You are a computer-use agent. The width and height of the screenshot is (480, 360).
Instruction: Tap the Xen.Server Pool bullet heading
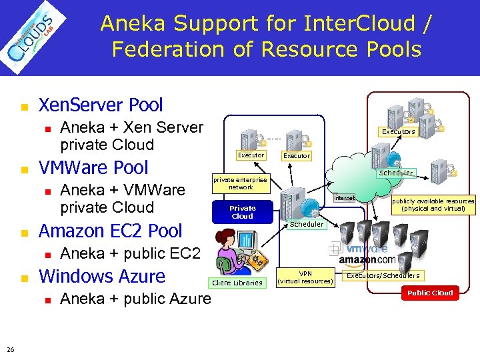(101, 105)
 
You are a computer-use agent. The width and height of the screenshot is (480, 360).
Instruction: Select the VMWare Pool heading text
(93, 167)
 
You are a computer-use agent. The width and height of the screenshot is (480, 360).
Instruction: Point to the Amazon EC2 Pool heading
(110, 231)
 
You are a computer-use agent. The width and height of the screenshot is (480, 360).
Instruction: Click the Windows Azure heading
(102, 275)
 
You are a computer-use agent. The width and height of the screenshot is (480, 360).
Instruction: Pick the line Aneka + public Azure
(135, 299)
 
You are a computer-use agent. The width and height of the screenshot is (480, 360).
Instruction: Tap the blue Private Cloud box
(242, 212)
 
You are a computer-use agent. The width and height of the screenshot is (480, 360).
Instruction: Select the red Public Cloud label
(430, 293)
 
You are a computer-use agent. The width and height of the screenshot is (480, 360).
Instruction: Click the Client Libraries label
(237, 283)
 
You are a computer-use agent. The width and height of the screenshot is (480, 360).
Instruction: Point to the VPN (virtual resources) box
(305, 277)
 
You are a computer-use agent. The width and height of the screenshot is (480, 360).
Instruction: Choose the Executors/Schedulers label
(383, 275)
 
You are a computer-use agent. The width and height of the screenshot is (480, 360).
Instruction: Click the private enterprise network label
(240, 183)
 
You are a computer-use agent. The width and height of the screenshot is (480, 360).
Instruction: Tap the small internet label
(345, 198)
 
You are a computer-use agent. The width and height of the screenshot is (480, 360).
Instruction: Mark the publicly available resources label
(433, 205)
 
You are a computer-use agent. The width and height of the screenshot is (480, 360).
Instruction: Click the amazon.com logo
(367, 259)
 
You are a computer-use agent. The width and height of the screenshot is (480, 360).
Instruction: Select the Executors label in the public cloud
(398, 131)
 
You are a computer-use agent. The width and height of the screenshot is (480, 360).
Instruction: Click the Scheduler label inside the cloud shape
(396, 173)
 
